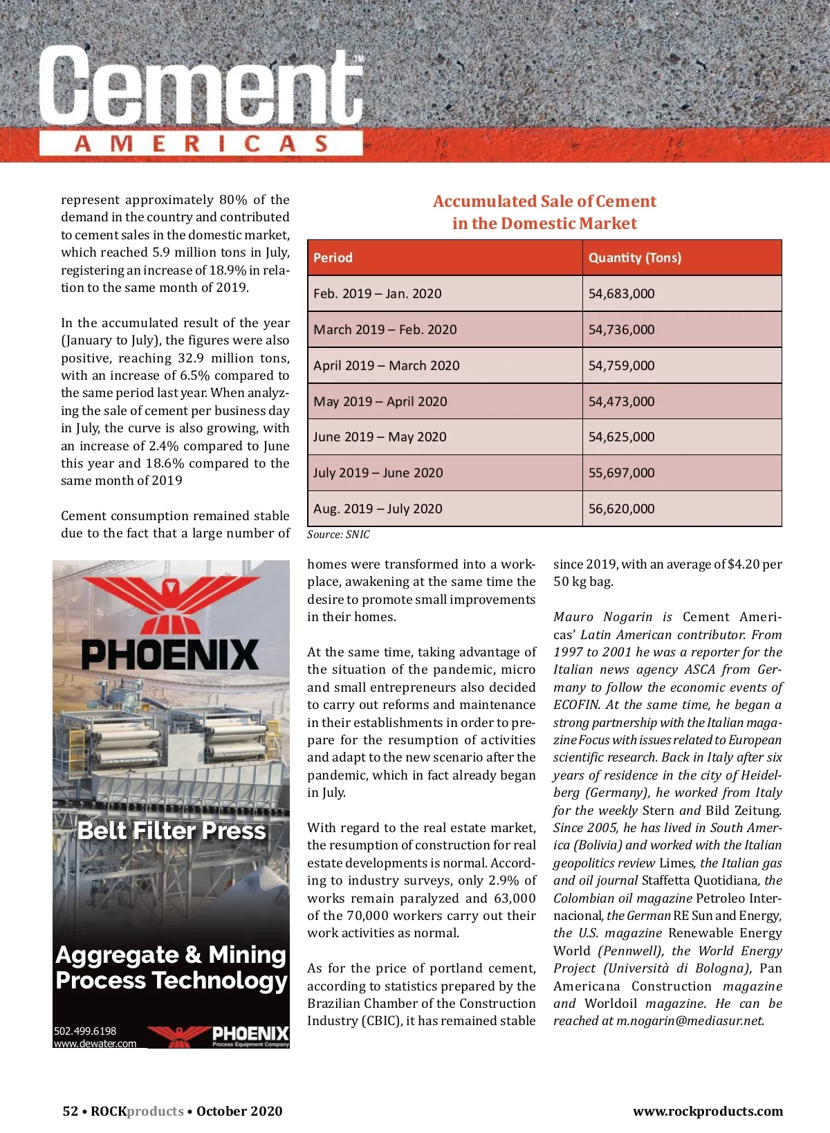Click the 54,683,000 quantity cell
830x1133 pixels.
click(x=621, y=294)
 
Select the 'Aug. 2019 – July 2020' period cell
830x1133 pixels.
click(x=378, y=509)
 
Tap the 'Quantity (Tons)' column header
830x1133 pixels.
click(x=634, y=258)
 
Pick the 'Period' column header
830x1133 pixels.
click(x=333, y=258)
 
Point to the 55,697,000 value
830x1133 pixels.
click(x=621, y=473)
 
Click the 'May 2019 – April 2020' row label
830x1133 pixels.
click(x=380, y=402)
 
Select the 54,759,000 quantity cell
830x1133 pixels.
click(x=621, y=366)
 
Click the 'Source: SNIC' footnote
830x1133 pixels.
click(x=338, y=535)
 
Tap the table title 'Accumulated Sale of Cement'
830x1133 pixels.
click(x=544, y=202)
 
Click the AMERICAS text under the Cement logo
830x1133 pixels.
click(x=201, y=144)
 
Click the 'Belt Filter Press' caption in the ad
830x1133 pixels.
click(x=172, y=831)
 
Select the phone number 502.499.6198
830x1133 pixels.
click(x=85, y=1031)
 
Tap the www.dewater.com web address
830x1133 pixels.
click(x=95, y=1044)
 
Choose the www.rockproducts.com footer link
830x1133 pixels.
click(x=708, y=1112)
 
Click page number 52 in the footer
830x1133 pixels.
click(x=70, y=1112)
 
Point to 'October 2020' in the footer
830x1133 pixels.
click(x=239, y=1112)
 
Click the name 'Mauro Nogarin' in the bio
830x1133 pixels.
click(x=603, y=617)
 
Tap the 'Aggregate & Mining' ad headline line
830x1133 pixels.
click(x=171, y=955)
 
